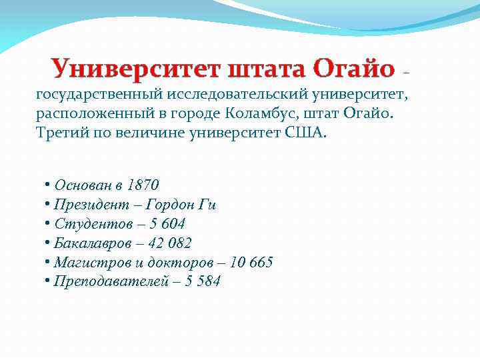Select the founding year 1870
click(x=142, y=185)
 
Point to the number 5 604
click(x=165, y=223)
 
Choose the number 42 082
click(x=169, y=243)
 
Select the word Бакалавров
click(x=89, y=243)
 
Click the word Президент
click(x=87, y=204)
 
